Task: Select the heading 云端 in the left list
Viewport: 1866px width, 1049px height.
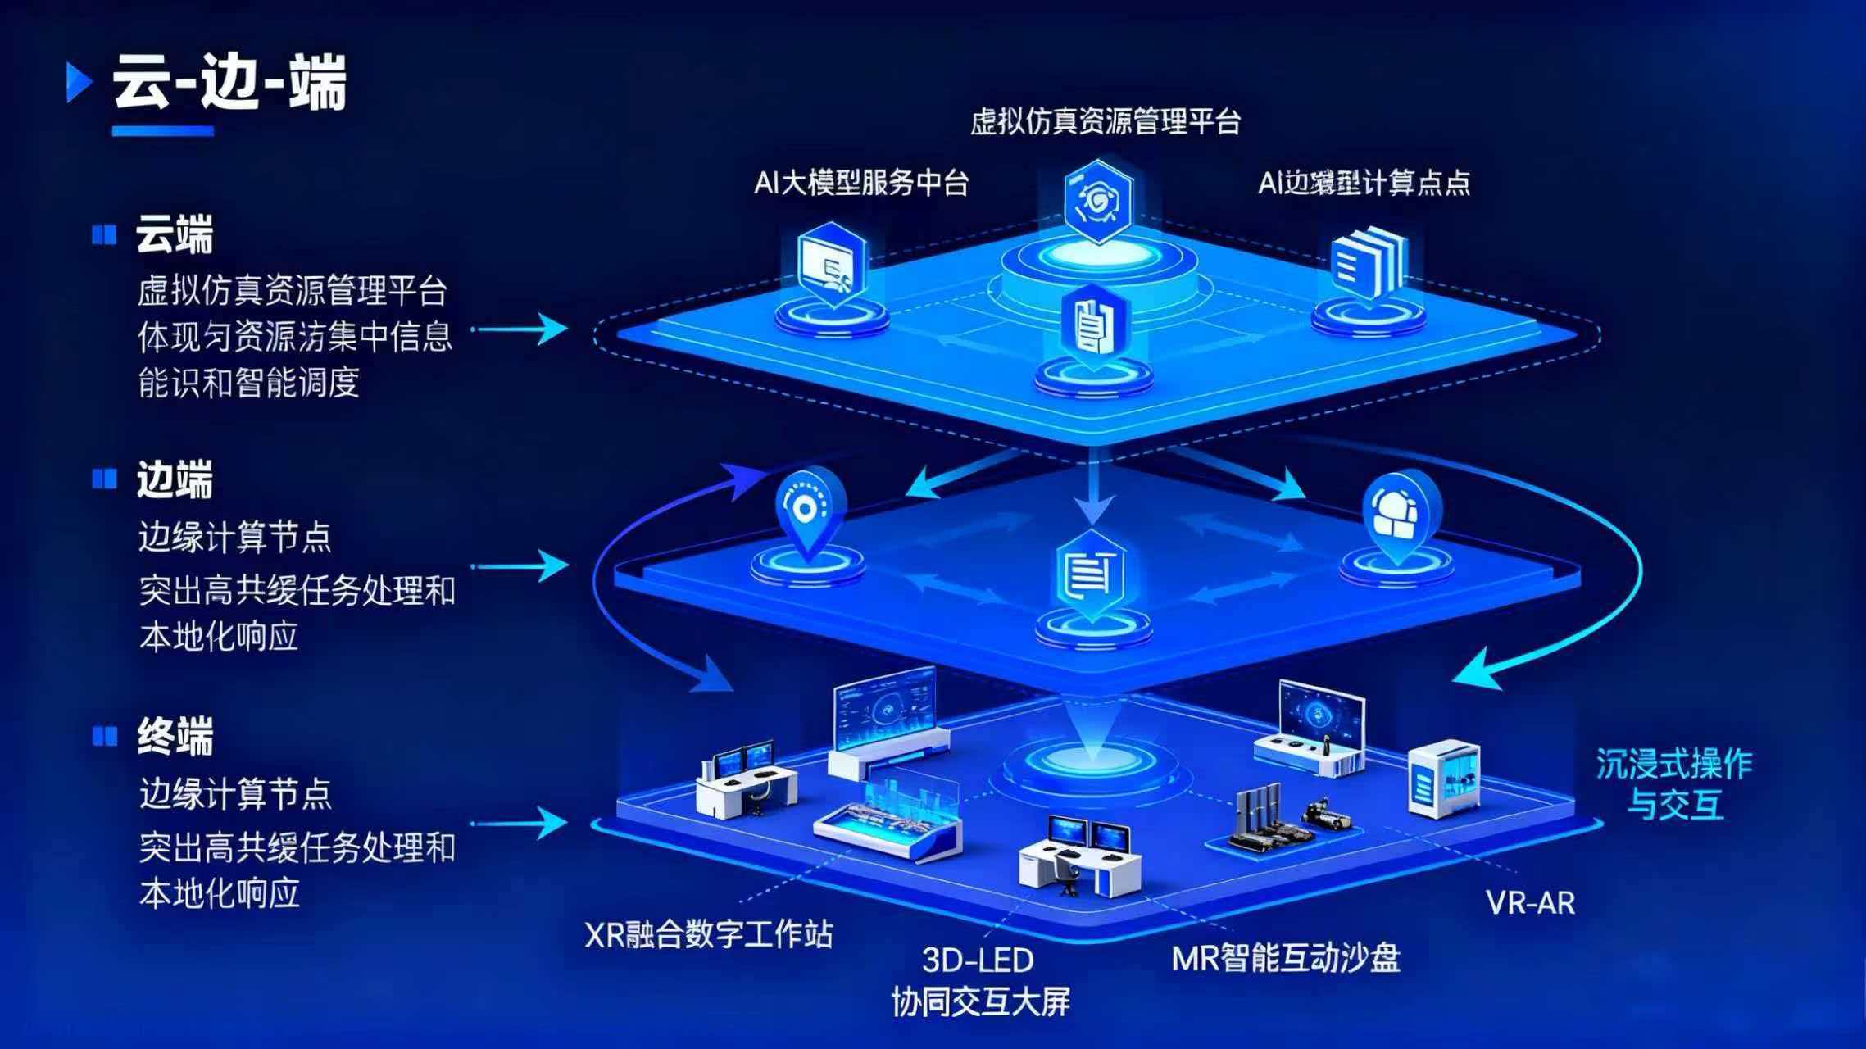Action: (175, 235)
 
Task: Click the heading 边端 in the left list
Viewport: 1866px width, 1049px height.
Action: (175, 479)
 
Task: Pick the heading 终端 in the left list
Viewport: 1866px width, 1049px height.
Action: (175, 735)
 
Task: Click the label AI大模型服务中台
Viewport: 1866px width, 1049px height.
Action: (861, 182)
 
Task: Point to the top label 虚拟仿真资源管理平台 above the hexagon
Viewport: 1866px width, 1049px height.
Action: (1106, 122)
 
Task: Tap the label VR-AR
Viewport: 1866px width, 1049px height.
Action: (1530, 903)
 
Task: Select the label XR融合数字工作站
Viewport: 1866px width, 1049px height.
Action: (709, 934)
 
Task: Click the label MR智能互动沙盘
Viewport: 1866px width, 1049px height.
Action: (1286, 957)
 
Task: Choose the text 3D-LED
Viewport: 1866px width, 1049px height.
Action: (978, 960)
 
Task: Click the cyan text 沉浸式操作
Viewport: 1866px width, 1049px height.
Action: (1673, 765)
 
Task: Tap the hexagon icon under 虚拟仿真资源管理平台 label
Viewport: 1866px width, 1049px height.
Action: (1097, 201)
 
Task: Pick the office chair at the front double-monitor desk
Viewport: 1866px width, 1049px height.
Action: (1068, 874)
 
